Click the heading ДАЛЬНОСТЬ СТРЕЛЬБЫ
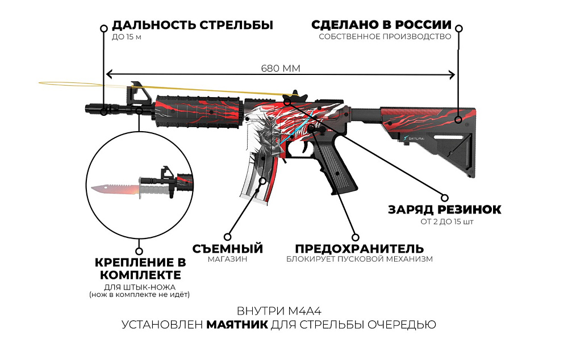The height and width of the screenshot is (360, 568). pyautogui.click(x=193, y=25)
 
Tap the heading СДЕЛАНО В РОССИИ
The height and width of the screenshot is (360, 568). pyautogui.click(x=382, y=25)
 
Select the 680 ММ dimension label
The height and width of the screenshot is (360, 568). pyautogui.click(x=281, y=68)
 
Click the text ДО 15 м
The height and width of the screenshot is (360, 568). pyautogui.click(x=127, y=37)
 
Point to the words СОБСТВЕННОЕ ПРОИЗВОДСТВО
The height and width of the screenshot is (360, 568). pyautogui.click(x=385, y=36)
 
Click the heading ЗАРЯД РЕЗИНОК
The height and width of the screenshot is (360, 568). pyautogui.click(x=445, y=210)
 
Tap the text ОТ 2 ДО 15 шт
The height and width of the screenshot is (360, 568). pyautogui.click(x=447, y=221)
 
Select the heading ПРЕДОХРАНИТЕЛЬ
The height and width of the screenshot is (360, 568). pyautogui.click(x=360, y=249)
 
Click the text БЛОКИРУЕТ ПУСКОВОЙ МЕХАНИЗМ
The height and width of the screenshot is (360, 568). pyautogui.click(x=360, y=259)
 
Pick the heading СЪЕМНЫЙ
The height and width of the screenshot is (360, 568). pyautogui.click(x=228, y=249)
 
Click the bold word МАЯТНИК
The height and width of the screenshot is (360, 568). pyautogui.click(x=237, y=324)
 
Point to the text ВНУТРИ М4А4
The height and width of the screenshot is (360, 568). pyautogui.click(x=279, y=311)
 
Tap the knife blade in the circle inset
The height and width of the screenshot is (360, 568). pyautogui.click(x=115, y=190)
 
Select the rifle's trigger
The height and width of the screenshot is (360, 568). pyautogui.click(x=302, y=147)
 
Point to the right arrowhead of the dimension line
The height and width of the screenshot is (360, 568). pyautogui.click(x=452, y=75)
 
